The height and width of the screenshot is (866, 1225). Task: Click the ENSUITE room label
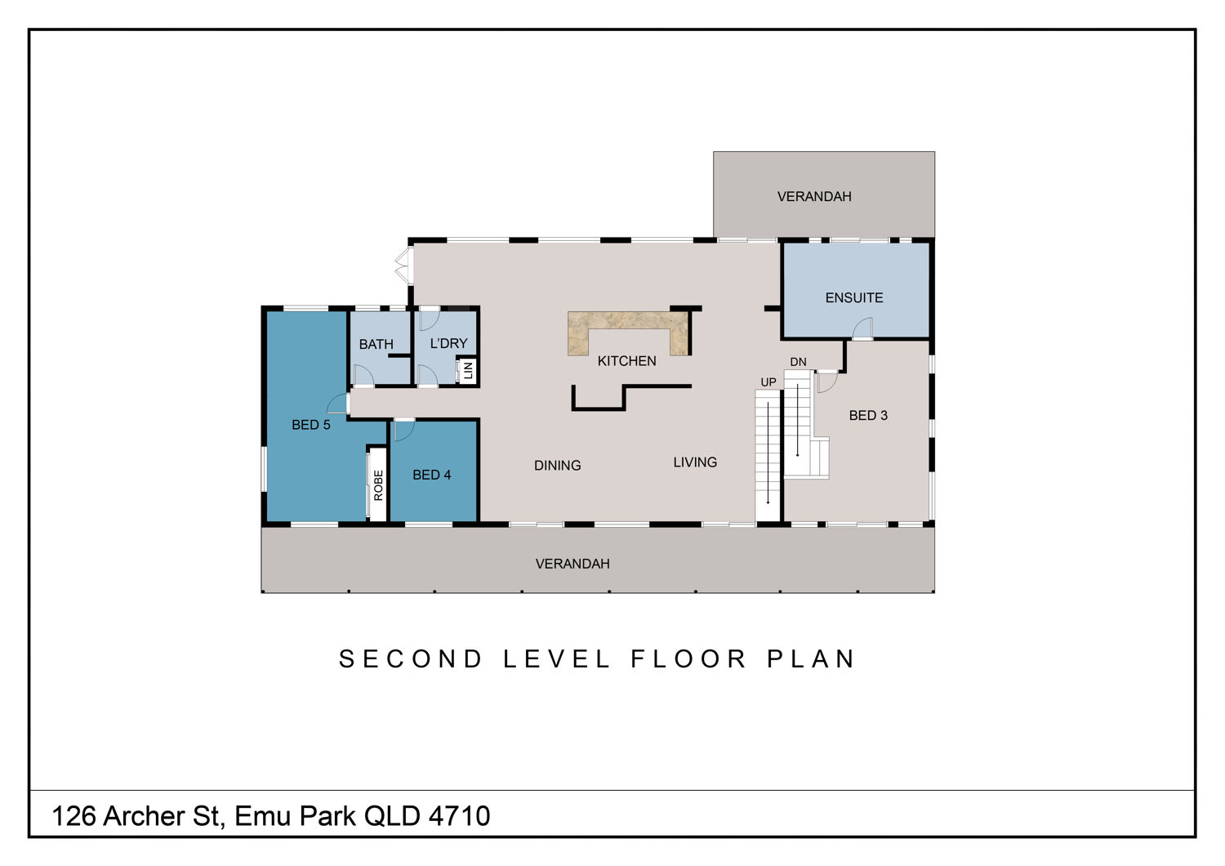[x=853, y=297]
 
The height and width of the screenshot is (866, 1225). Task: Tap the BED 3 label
[x=868, y=415]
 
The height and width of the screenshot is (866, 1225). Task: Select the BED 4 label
[x=431, y=475]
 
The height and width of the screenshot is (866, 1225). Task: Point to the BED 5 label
[x=310, y=425]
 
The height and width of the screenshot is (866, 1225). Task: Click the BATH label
[x=376, y=344]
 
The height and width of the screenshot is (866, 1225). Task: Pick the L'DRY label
[x=448, y=343]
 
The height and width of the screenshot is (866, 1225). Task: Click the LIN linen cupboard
[x=468, y=371]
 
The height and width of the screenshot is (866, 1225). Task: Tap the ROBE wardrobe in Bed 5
[x=378, y=484]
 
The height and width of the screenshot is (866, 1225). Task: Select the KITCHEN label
[x=626, y=361]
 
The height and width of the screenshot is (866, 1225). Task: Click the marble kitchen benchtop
[x=627, y=319]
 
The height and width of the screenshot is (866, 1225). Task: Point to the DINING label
[x=557, y=466]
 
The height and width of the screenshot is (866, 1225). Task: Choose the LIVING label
[x=695, y=462]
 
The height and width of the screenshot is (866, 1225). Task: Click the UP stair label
[x=768, y=382]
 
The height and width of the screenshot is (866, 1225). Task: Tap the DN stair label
[x=798, y=362]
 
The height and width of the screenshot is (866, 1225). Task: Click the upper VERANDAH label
[x=814, y=196]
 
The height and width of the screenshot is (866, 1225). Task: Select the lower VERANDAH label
[x=572, y=564]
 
